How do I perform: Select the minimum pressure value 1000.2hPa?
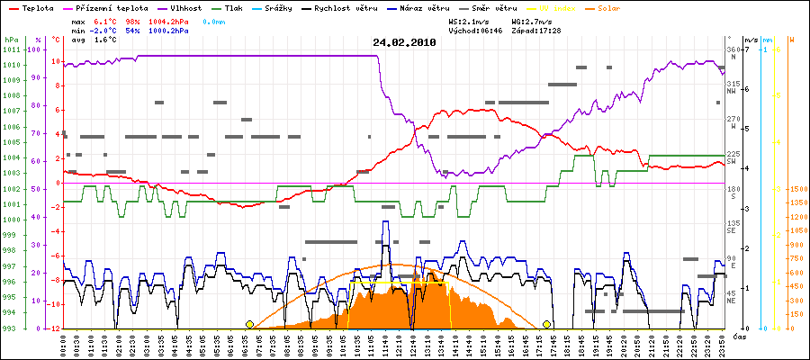tap(168, 30)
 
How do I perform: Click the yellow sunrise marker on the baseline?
tap(249, 324)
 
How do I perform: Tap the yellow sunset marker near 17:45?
tap(547, 324)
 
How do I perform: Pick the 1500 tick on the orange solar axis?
tap(796, 189)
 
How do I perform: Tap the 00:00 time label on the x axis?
tap(64, 343)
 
